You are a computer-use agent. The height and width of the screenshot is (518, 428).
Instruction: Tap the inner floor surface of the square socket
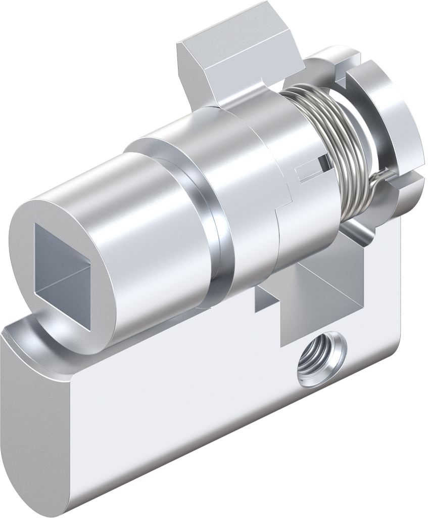(66, 283)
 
